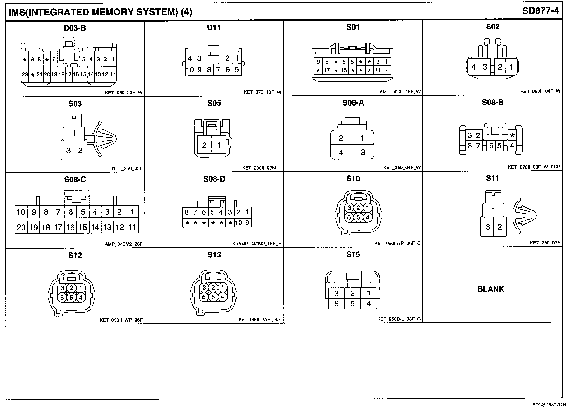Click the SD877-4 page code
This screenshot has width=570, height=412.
point(540,11)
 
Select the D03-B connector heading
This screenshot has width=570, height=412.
point(75,28)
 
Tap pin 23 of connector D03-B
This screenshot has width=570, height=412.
point(25,74)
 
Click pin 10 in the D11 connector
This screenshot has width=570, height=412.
point(190,70)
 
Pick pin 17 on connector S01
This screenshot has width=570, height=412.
point(327,70)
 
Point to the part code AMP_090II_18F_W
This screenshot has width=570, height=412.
point(400,92)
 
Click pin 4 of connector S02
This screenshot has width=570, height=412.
point(473,67)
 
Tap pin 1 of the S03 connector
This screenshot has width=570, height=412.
point(74,134)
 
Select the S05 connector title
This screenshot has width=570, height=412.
point(214,103)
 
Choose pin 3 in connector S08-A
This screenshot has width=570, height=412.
point(363,153)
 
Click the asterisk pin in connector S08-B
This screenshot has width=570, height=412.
point(512,136)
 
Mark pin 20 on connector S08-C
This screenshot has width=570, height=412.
point(21,227)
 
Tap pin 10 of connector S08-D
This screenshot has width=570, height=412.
point(238,223)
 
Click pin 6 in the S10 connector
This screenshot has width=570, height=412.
point(349,217)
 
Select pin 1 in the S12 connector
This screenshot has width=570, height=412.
point(81,288)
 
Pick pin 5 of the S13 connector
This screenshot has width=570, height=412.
point(213,297)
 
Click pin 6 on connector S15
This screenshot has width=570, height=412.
point(337,304)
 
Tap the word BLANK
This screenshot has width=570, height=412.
point(490,289)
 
